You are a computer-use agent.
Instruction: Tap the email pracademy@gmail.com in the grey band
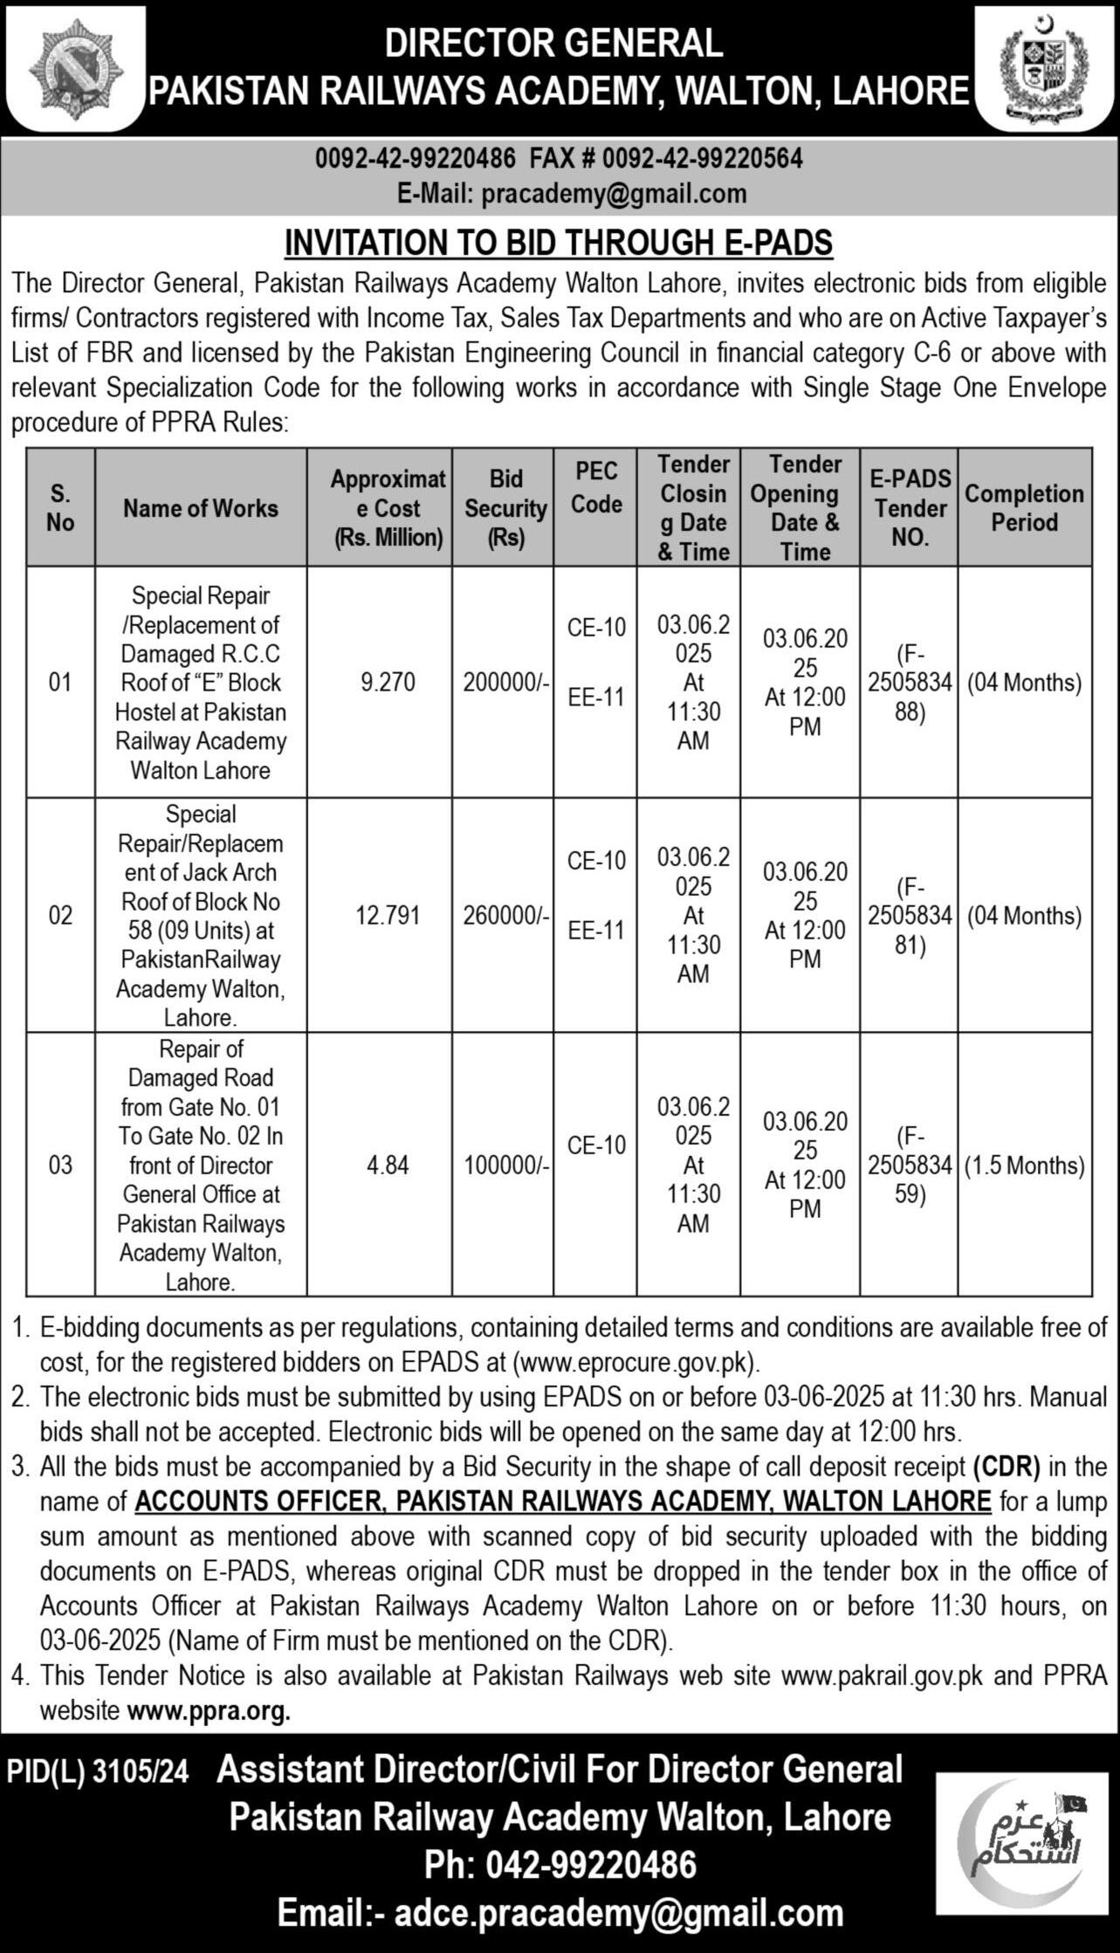[615, 194]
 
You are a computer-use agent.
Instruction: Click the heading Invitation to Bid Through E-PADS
[559, 244]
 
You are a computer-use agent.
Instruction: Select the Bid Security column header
[505, 508]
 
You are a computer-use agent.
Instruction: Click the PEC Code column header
[596, 488]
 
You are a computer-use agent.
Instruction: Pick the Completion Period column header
[1024, 508]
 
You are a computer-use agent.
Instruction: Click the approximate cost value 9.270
[388, 683]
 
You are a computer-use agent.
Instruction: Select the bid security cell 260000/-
[505, 916]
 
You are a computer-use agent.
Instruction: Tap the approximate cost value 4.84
[388, 1166]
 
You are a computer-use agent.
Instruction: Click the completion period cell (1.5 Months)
[1024, 1166]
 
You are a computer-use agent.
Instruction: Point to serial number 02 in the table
[60, 916]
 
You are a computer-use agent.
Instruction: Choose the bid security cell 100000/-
[505, 1166]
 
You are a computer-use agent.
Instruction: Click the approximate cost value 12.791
[388, 916]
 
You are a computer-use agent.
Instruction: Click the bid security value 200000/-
[505, 683]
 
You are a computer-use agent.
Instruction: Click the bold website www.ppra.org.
[209, 1711]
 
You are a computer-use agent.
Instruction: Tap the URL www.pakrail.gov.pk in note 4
[882, 1676]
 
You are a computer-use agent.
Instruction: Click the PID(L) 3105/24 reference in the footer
[98, 1771]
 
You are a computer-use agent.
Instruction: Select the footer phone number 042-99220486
[560, 1865]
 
